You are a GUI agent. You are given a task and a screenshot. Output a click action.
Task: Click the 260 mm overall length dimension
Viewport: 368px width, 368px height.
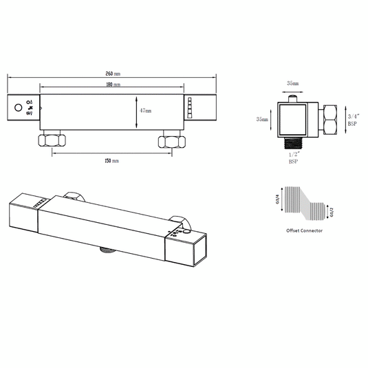click(x=113, y=73)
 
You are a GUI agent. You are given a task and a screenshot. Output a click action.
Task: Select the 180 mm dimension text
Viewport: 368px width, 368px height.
click(x=113, y=85)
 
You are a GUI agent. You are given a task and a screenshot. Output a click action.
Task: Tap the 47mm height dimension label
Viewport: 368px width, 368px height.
click(x=145, y=110)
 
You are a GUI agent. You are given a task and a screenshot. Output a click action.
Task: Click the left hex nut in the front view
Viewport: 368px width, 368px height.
click(x=53, y=142)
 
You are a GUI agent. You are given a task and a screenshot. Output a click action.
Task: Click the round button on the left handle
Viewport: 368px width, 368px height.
click(x=18, y=108)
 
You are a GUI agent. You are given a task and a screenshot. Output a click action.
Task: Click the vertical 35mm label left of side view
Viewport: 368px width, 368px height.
click(x=262, y=118)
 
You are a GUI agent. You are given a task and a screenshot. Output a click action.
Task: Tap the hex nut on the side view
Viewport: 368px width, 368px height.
click(x=329, y=118)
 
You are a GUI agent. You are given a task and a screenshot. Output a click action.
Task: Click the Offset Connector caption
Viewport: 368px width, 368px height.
click(x=303, y=230)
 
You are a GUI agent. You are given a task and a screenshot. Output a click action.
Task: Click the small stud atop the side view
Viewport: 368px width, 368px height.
click(x=294, y=99)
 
